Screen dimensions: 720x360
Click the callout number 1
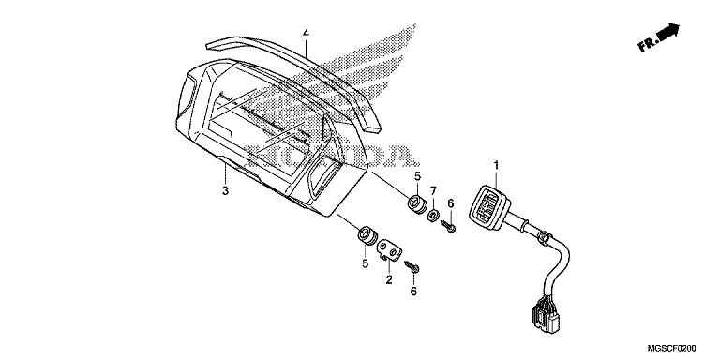point(496,165)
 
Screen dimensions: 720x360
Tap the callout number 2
point(389,279)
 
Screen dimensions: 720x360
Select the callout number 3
point(225,190)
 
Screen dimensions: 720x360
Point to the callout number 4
point(306,33)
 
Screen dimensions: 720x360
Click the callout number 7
point(433,190)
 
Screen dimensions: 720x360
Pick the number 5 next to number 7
point(417,176)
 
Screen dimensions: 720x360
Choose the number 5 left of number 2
point(365,263)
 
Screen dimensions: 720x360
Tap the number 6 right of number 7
point(450,202)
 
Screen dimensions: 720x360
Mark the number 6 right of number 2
point(413,291)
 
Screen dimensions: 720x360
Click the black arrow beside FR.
point(668,32)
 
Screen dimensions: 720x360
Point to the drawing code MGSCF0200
point(672,349)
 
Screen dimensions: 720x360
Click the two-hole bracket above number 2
point(389,250)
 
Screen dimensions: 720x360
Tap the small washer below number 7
point(433,215)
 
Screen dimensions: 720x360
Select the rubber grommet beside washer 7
point(417,204)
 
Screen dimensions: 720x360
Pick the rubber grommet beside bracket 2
point(367,235)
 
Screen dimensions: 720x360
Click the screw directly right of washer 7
point(448,226)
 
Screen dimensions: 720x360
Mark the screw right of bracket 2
point(412,267)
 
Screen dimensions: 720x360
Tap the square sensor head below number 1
point(489,207)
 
